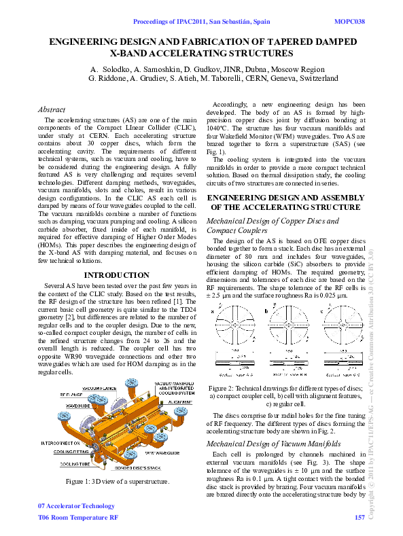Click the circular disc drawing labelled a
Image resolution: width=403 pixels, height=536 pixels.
pyautogui.click(x=237, y=328)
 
